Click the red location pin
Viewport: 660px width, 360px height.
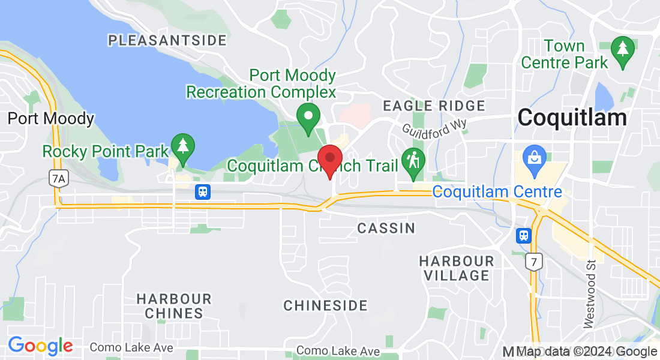(x=329, y=160)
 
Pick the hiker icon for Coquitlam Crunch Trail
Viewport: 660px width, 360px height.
(x=413, y=161)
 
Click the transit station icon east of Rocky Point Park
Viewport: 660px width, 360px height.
(x=203, y=192)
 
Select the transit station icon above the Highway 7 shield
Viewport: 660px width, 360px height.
(x=524, y=236)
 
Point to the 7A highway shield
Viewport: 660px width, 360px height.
(x=57, y=178)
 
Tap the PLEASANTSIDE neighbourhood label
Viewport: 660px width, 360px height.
(x=167, y=41)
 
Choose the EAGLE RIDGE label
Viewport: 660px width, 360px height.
(x=434, y=106)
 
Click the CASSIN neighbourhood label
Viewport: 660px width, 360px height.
(x=386, y=228)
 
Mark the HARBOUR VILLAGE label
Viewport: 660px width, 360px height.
(x=457, y=268)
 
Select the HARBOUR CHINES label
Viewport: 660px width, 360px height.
(x=174, y=306)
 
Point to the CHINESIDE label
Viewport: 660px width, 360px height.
(x=325, y=305)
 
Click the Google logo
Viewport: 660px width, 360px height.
(x=40, y=346)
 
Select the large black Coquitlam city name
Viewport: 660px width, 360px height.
(x=572, y=118)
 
